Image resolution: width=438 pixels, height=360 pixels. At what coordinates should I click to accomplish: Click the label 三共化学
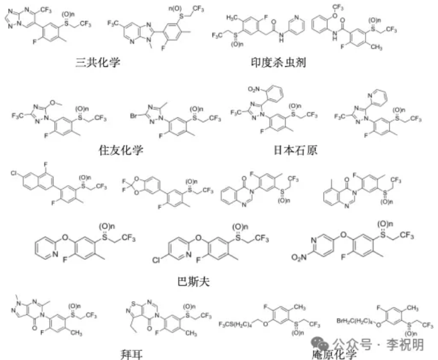(x=98, y=63)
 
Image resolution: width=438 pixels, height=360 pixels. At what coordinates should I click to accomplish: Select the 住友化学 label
(x=121, y=149)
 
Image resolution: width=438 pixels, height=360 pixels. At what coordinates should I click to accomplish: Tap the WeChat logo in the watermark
(x=320, y=343)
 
